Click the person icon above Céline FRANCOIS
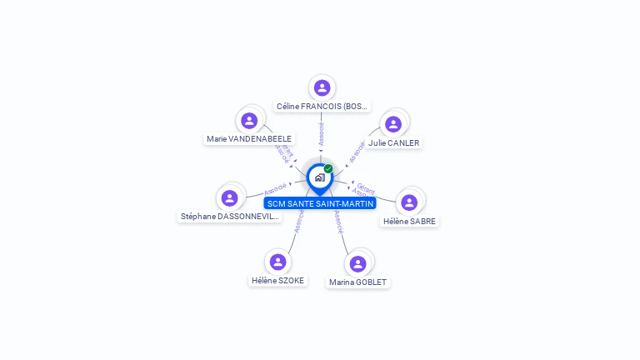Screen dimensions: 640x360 (322, 87)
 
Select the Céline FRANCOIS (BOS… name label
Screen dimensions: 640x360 (322, 107)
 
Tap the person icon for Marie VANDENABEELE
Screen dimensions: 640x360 (249, 120)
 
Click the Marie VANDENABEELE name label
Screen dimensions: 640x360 (249, 139)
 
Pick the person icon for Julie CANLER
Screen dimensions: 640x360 (393, 124)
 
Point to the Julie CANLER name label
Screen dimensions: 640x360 (394, 142)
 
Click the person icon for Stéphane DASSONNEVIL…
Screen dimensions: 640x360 (230, 197)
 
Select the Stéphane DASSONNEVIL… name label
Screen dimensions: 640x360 (231, 217)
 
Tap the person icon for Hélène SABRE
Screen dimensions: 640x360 (409, 202)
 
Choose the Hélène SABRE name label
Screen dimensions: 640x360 (409, 221)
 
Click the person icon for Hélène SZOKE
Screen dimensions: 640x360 (277, 262)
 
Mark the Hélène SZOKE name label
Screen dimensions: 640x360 (278, 281)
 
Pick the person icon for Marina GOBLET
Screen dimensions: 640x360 (358, 263)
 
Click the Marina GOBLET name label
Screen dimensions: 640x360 (358, 282)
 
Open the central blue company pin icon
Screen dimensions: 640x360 (319, 177)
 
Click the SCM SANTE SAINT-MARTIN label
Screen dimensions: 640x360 (321, 203)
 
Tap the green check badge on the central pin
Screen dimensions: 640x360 (328, 168)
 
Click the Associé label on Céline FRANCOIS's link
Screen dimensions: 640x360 (322, 134)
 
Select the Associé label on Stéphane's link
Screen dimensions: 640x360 (276, 189)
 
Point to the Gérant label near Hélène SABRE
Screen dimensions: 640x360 (366, 187)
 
